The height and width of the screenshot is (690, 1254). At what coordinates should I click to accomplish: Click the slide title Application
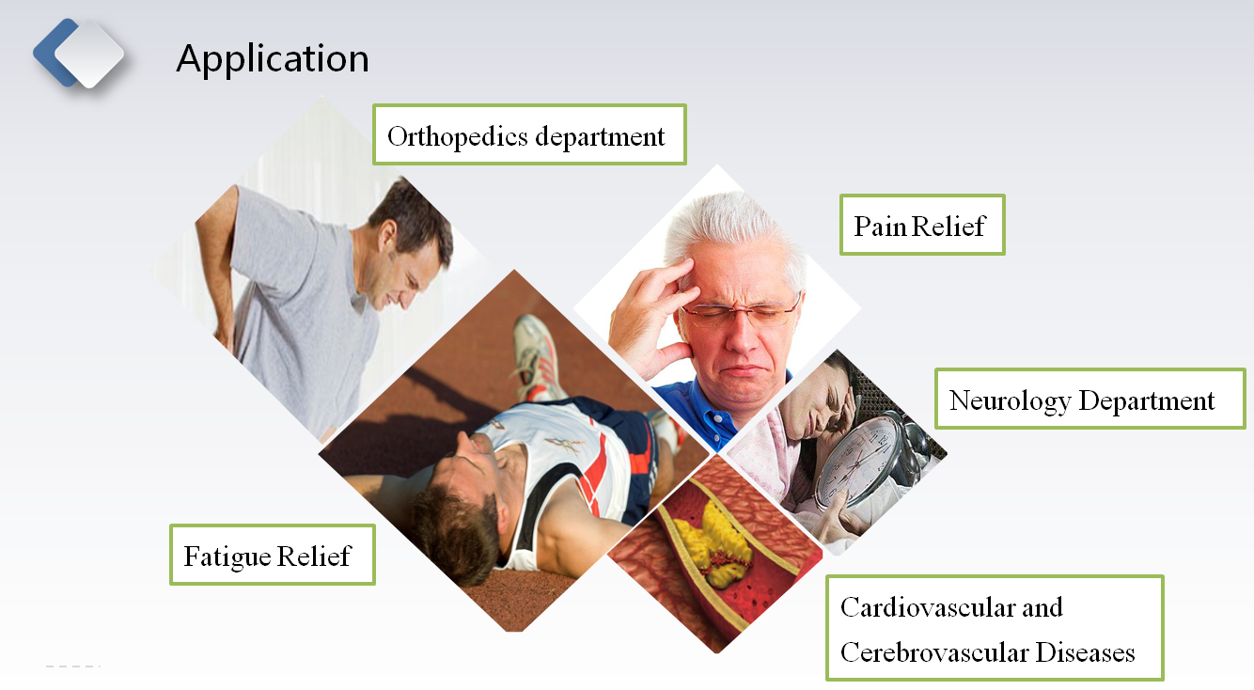point(273,59)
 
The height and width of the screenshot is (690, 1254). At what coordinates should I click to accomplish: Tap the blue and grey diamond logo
point(78,54)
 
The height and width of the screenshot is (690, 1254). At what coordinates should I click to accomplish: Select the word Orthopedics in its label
point(458,137)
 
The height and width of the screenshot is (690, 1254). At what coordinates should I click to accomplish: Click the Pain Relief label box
point(922,225)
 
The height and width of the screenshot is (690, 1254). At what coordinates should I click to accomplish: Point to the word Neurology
point(1011,401)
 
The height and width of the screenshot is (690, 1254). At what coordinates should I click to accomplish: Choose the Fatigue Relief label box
point(272,555)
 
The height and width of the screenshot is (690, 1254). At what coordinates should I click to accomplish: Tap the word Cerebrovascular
point(933,652)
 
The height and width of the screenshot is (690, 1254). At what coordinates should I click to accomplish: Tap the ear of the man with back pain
point(387,237)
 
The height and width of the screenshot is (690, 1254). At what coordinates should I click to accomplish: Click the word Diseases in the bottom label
point(1085,652)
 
